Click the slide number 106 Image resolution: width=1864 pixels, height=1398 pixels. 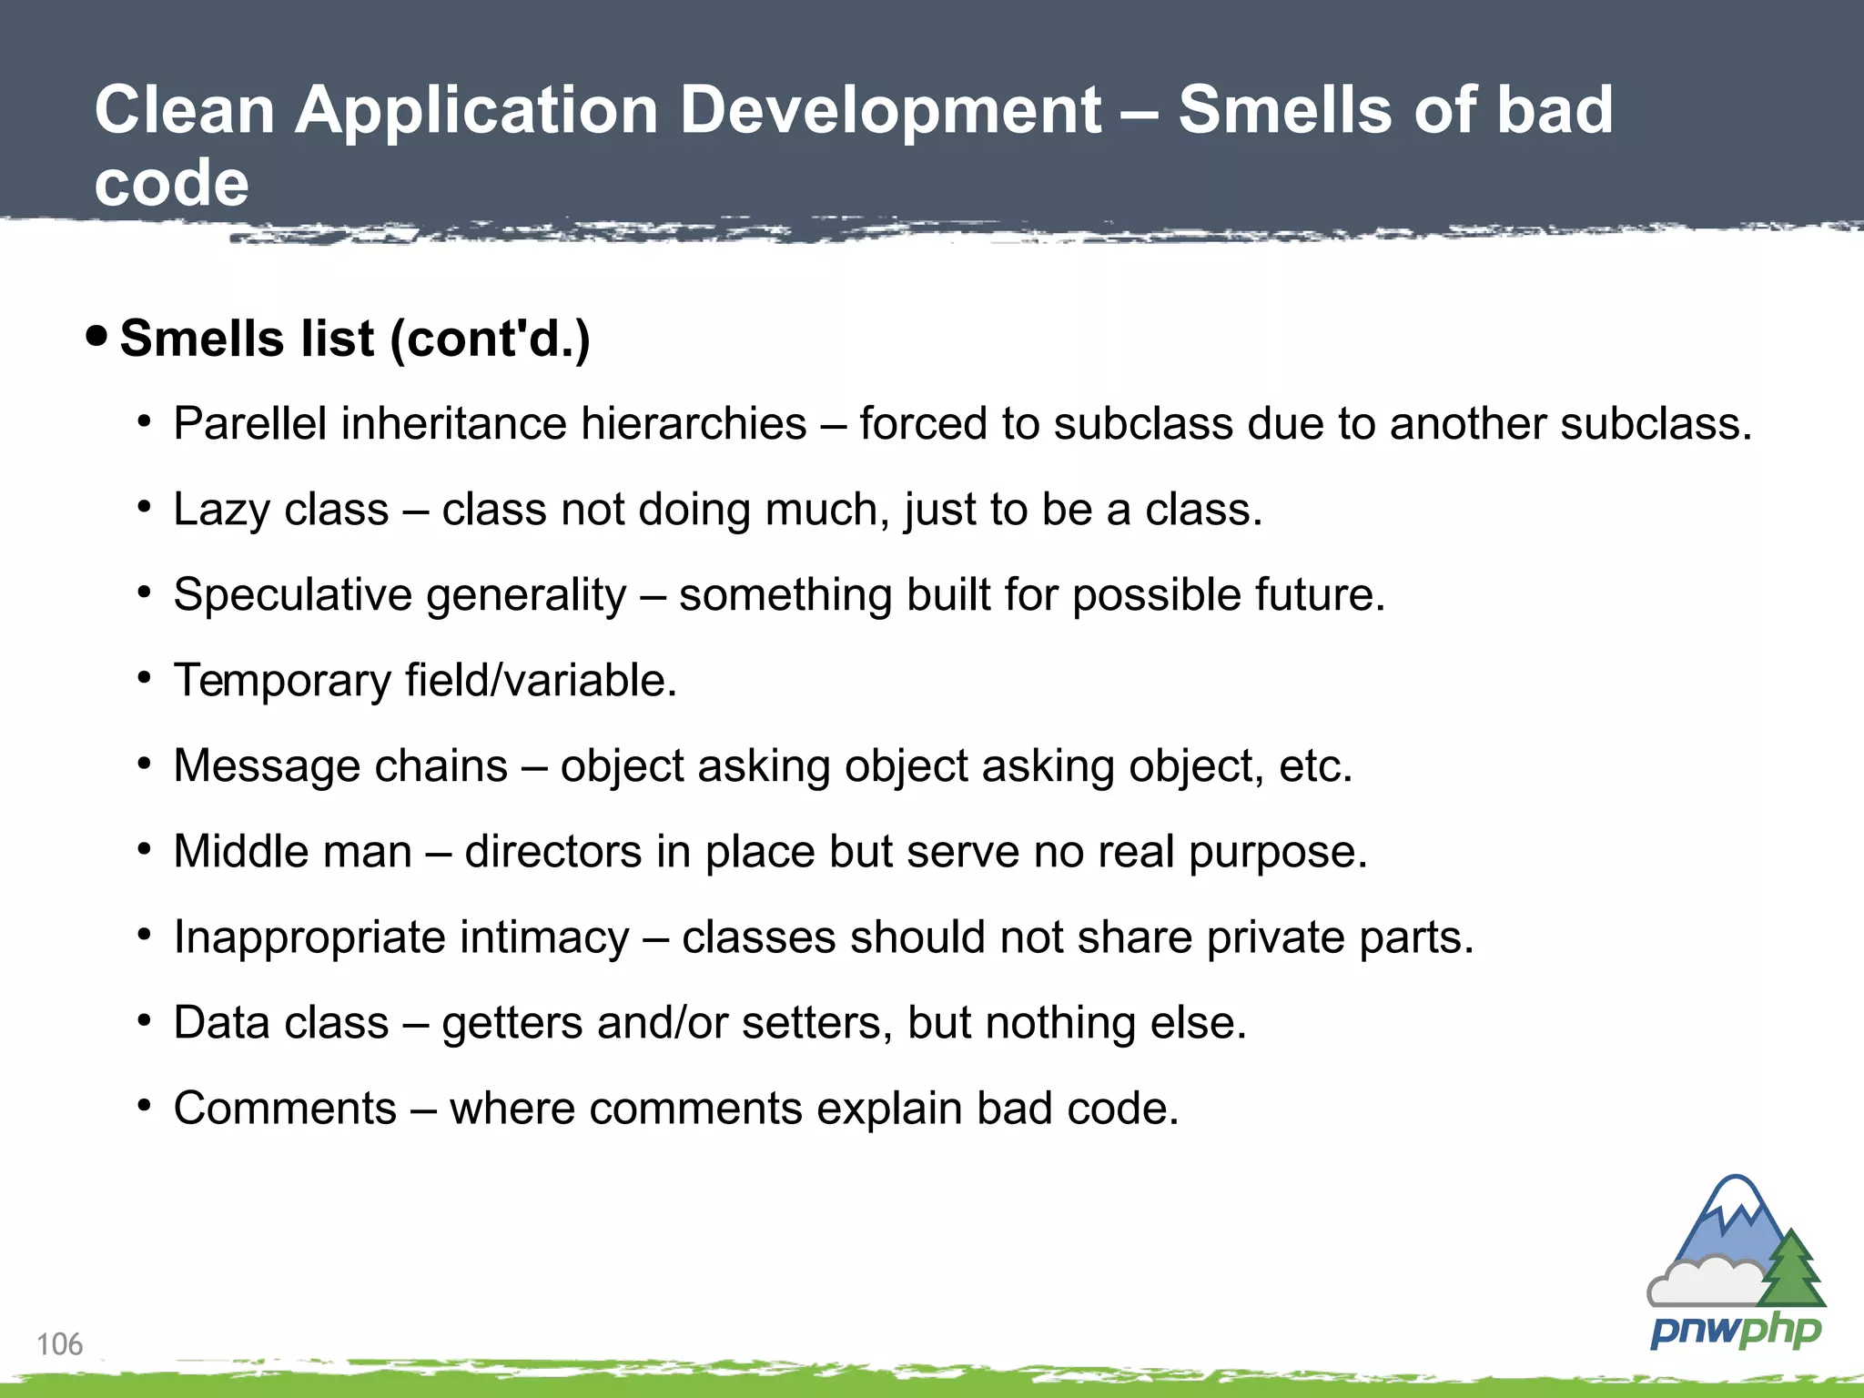pyautogui.click(x=59, y=1343)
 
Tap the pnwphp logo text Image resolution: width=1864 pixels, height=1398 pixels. pyautogui.click(x=1735, y=1332)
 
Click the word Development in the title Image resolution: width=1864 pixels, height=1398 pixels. pyautogui.click(x=891, y=110)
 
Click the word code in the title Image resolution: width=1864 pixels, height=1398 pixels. pyautogui.click(x=171, y=183)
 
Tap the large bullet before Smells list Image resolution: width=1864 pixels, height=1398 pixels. pyautogui.click(x=96, y=337)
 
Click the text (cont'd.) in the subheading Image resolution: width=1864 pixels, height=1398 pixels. pyautogui.click(x=490, y=339)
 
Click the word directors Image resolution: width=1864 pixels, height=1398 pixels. pyautogui.click(x=553, y=852)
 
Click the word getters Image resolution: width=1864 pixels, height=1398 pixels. pyautogui.click(x=512, y=1023)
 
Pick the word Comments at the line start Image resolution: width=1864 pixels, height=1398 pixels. pyautogui.click(x=285, y=1109)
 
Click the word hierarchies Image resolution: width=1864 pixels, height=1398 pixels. pyautogui.click(x=694, y=423)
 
